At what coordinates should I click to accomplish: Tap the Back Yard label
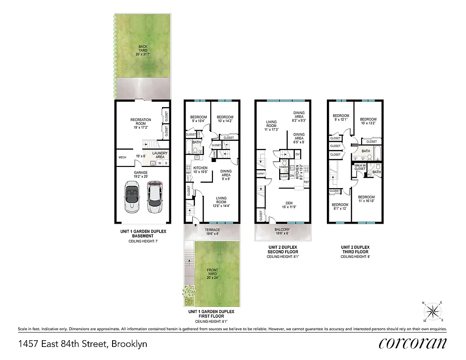pos(143,50)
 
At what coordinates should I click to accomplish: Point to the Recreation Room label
pos(140,123)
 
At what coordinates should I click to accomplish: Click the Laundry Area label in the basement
pos(159,155)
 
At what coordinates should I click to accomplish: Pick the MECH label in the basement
pos(122,157)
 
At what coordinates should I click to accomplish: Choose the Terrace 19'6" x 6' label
pos(212,231)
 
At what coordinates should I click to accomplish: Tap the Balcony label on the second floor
pos(283,231)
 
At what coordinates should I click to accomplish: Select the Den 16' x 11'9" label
pos(289,205)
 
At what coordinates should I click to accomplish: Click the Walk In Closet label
pos(360,167)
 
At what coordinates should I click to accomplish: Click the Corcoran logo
pos(413,343)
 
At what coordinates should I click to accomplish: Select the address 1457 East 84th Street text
pos(83,344)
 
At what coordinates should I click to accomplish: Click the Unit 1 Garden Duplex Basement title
pos(143,234)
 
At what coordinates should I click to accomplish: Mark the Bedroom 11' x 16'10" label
pos(366,199)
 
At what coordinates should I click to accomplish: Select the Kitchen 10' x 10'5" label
pos(200,170)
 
